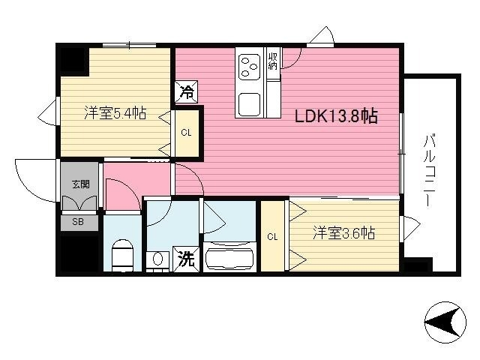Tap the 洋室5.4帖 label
[114, 114]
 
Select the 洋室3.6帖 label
[343, 233]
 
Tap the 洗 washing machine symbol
[185, 259]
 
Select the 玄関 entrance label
[79, 183]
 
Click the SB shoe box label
[79, 223]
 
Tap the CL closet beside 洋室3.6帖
[272, 236]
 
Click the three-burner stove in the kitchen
[249, 64]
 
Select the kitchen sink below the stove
[249, 103]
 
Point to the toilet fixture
[120, 253]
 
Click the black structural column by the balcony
[418, 265]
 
